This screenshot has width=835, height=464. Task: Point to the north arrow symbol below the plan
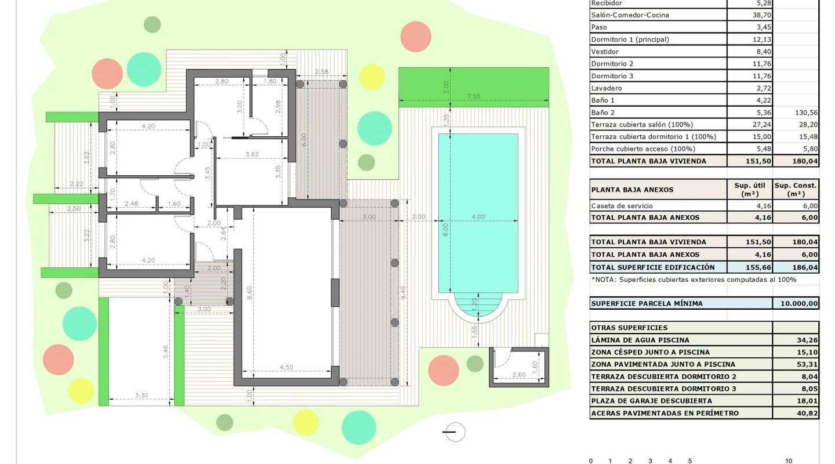coord(453,432)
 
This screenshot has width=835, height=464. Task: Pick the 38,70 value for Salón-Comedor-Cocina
coord(749,15)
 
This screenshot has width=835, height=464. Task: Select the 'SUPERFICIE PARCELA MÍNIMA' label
coord(647,303)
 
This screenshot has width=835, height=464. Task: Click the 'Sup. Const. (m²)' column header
coord(796,190)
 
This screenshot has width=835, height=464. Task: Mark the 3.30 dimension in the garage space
coord(141,396)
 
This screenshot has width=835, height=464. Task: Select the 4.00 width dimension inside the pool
coord(478,217)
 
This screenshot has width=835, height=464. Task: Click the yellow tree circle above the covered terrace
coord(372,77)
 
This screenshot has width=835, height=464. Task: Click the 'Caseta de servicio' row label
coord(621,206)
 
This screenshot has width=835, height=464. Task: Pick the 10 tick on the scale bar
coord(788,461)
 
